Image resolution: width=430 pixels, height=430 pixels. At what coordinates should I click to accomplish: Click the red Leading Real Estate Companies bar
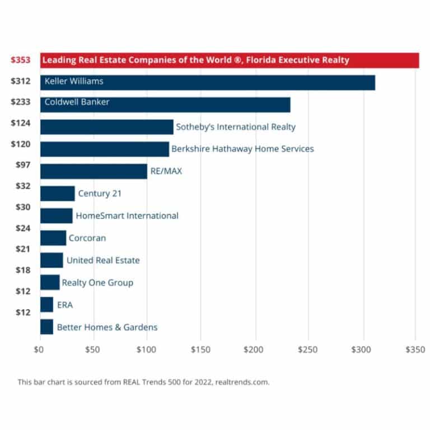230,60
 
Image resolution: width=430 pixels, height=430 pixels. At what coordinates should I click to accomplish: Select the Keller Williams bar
208,82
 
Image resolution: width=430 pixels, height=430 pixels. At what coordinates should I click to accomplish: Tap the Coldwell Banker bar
165,105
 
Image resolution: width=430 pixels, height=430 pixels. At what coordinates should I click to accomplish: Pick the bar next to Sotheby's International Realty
107,127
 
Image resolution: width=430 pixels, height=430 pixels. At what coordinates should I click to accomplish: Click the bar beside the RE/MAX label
94,171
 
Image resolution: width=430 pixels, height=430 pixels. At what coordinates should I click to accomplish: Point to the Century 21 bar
57,194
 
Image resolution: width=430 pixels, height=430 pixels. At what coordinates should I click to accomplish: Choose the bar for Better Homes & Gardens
46,327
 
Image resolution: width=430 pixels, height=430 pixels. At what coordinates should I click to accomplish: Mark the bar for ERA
46,305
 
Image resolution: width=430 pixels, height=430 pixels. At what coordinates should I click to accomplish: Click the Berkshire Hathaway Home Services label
242,149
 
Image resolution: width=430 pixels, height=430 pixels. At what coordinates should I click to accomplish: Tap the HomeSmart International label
127,216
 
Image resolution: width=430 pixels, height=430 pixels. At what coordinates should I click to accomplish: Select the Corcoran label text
87,238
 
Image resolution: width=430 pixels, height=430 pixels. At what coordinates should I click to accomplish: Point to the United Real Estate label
103,260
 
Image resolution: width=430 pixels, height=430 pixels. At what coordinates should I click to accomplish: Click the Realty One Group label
97,283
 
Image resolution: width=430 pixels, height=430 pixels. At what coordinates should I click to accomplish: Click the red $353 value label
21,60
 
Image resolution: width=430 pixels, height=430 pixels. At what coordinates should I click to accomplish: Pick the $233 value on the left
21,102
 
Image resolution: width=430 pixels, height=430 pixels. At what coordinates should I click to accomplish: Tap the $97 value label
23,165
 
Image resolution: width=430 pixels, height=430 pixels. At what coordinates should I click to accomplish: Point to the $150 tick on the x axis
200,349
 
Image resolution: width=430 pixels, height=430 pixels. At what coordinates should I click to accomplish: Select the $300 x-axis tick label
361,349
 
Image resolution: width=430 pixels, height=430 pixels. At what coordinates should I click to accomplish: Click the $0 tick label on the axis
39,349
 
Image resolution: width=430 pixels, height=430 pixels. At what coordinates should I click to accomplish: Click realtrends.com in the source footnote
242,382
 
